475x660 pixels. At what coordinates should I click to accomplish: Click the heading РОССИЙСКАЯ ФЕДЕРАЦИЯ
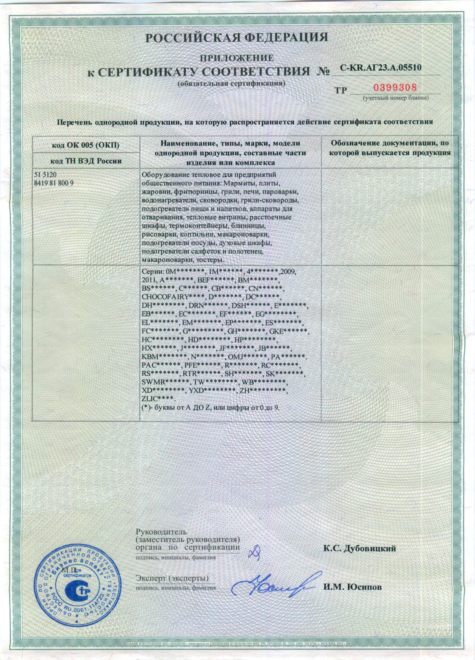(x=236, y=37)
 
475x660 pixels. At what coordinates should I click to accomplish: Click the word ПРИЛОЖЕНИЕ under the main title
(x=236, y=58)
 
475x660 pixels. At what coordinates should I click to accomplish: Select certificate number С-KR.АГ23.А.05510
(x=381, y=68)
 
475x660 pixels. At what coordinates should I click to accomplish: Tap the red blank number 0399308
(x=395, y=88)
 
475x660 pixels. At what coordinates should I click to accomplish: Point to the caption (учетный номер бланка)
(x=395, y=98)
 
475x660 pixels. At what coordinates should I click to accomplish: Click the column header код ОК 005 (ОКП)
(x=86, y=145)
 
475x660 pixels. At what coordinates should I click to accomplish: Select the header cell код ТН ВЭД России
(x=86, y=161)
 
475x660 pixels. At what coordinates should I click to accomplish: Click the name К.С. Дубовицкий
(x=360, y=549)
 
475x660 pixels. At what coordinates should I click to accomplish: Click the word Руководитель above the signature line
(x=161, y=532)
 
